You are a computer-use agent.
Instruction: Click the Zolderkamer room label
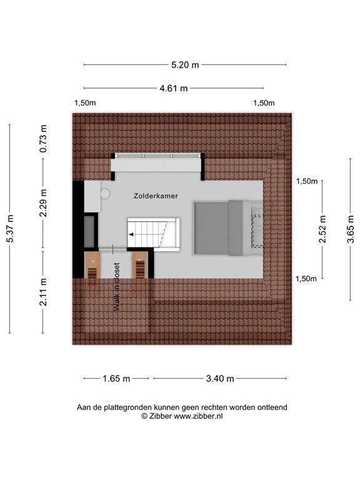[x=156, y=196]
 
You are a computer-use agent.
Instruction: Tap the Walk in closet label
[x=116, y=286]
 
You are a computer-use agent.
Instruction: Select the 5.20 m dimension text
[x=185, y=64]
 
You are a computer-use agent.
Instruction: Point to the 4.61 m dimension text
[x=173, y=88]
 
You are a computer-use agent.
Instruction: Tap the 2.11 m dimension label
[x=43, y=292]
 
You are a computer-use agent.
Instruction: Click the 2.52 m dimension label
[x=322, y=229]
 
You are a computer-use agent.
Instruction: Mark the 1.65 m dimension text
[x=116, y=378]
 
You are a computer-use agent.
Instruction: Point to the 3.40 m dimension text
[x=219, y=378]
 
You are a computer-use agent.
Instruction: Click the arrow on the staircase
[x=132, y=234]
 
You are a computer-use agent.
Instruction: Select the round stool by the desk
[x=105, y=194]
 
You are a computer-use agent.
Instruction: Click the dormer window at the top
[x=158, y=156]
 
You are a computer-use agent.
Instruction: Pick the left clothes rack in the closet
[x=92, y=267]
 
